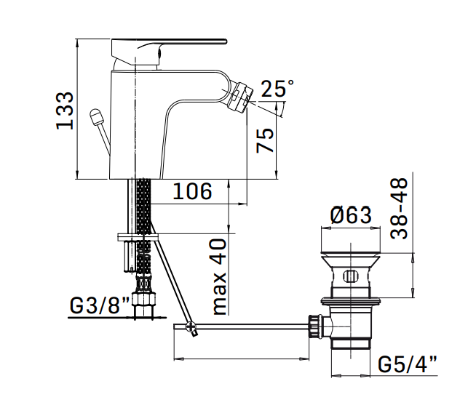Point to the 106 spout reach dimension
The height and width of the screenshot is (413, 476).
point(192,191)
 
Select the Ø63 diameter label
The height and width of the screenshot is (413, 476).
point(350,214)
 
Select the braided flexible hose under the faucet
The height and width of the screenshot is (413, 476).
point(142,207)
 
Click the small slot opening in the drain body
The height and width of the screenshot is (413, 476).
point(350,276)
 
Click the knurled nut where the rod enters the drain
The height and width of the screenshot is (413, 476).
point(316,326)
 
